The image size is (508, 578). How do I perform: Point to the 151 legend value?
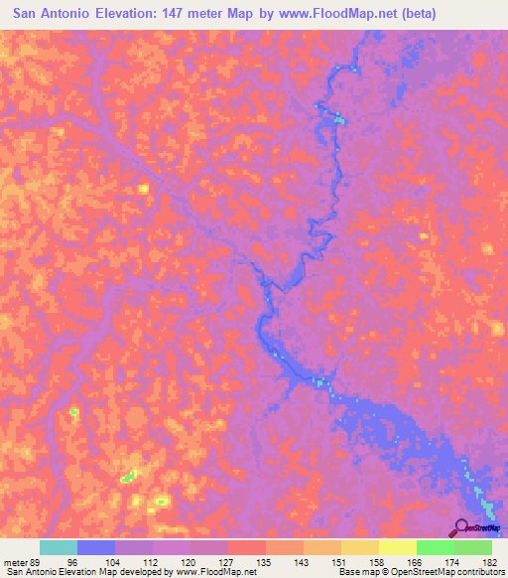pos(340,561)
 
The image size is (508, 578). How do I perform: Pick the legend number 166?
pos(417,561)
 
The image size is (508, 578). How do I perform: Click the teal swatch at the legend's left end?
pos(59,547)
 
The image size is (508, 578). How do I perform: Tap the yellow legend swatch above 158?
pos(359,547)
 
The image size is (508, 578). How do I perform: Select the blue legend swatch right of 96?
pos(96,547)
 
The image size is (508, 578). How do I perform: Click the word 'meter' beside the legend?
pos(14,561)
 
